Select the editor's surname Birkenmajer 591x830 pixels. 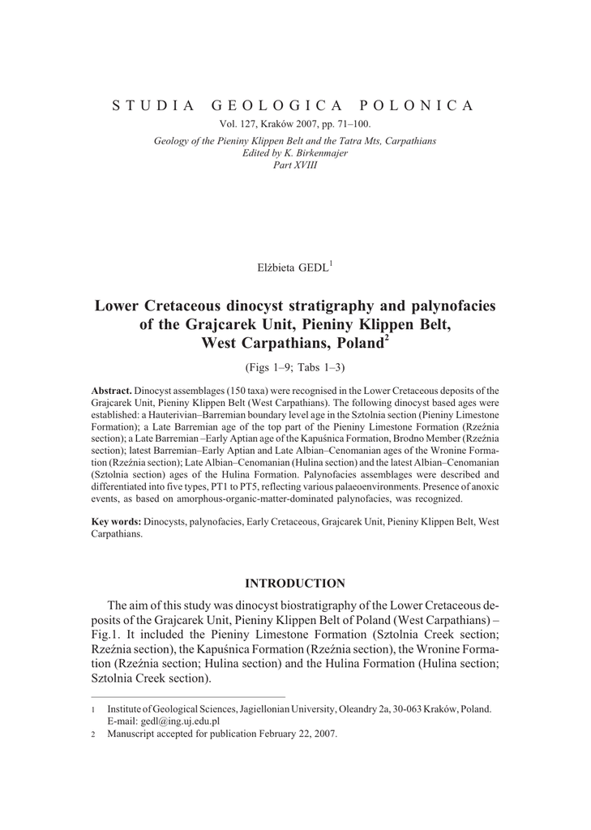pyautogui.click(x=319, y=152)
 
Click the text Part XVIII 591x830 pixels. pyautogui.click(x=295, y=165)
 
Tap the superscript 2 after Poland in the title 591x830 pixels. pyautogui.click(x=387, y=338)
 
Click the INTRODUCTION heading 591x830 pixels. pyautogui.click(x=295, y=583)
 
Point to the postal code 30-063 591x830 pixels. pyautogui.click(x=396, y=708)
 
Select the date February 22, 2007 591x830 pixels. pyautogui.click(x=297, y=734)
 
